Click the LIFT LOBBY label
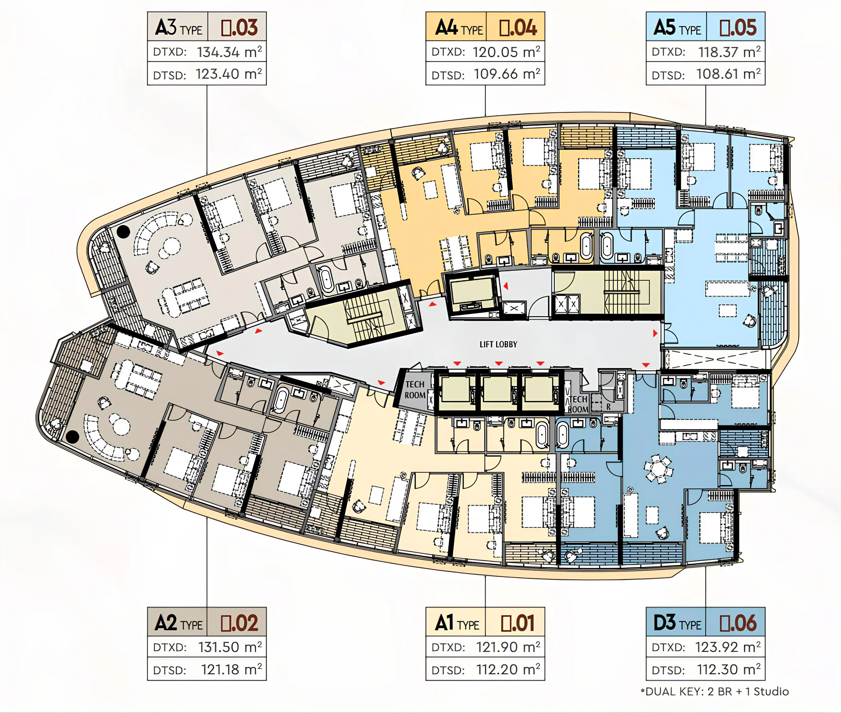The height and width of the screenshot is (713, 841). [x=498, y=344]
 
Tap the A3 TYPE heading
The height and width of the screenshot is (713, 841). [x=178, y=27]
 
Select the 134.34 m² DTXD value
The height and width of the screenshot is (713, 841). [x=229, y=52]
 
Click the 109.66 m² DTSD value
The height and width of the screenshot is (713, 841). [x=507, y=74]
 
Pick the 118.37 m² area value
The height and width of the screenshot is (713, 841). [x=729, y=52]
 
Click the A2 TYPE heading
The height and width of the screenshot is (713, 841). [x=178, y=623]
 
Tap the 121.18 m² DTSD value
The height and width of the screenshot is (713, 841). [x=232, y=669]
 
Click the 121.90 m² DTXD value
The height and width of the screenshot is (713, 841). [x=508, y=647]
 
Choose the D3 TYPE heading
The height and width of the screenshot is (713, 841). [x=677, y=623]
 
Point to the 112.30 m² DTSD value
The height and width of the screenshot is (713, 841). [x=729, y=669]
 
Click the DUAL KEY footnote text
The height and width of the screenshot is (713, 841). [x=715, y=692]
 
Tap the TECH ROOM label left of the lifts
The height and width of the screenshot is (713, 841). [x=415, y=390]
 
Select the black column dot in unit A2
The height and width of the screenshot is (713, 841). [x=72, y=437]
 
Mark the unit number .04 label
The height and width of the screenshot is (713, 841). [x=518, y=27]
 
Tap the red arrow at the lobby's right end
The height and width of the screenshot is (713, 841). [x=655, y=333]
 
